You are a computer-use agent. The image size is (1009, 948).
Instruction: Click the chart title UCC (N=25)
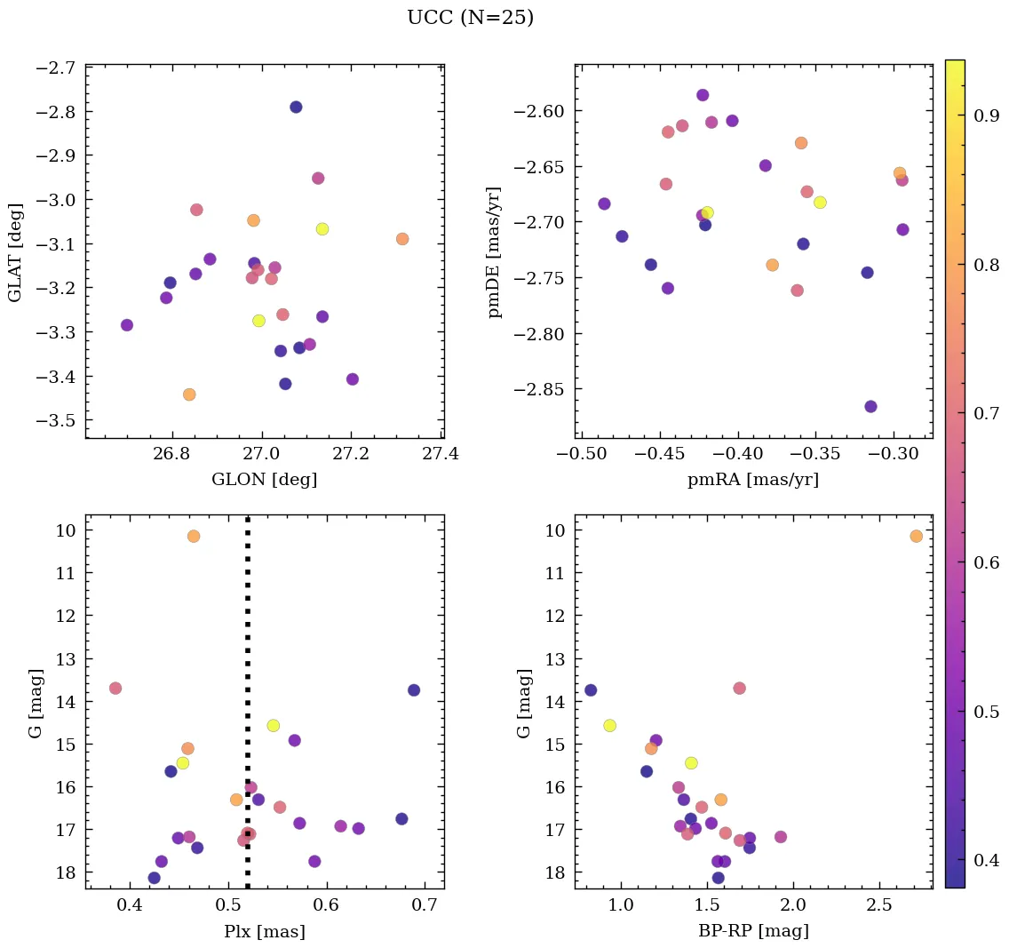(x=470, y=18)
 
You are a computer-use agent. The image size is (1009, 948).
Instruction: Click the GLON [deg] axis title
(x=264, y=480)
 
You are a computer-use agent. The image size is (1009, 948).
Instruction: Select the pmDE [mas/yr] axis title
(x=495, y=251)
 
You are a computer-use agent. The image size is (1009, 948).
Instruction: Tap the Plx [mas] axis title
(x=264, y=931)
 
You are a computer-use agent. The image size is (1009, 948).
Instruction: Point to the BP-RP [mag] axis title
(x=753, y=931)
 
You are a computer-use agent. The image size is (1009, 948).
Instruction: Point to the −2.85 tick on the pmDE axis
(x=536, y=390)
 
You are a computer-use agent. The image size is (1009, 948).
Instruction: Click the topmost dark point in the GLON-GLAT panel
(x=296, y=108)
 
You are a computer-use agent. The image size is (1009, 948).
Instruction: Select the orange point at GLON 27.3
(x=402, y=239)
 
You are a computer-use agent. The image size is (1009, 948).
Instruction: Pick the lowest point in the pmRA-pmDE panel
(x=870, y=406)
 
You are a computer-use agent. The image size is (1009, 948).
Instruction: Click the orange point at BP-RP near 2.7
(x=916, y=536)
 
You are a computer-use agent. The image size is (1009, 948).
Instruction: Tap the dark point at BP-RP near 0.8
(x=591, y=690)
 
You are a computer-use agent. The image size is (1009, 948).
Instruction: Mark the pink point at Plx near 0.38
(x=115, y=689)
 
